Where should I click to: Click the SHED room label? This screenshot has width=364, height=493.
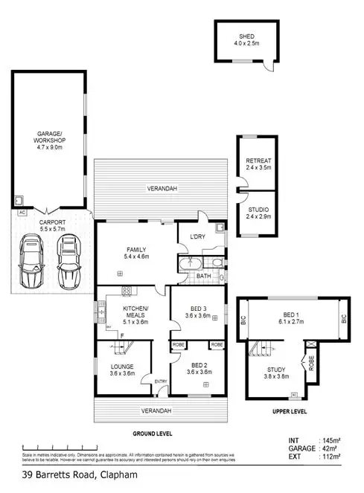246,36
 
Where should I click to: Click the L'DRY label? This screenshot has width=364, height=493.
197,236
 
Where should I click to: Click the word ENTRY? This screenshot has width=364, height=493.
160,382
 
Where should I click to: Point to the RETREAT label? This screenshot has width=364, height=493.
259,161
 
